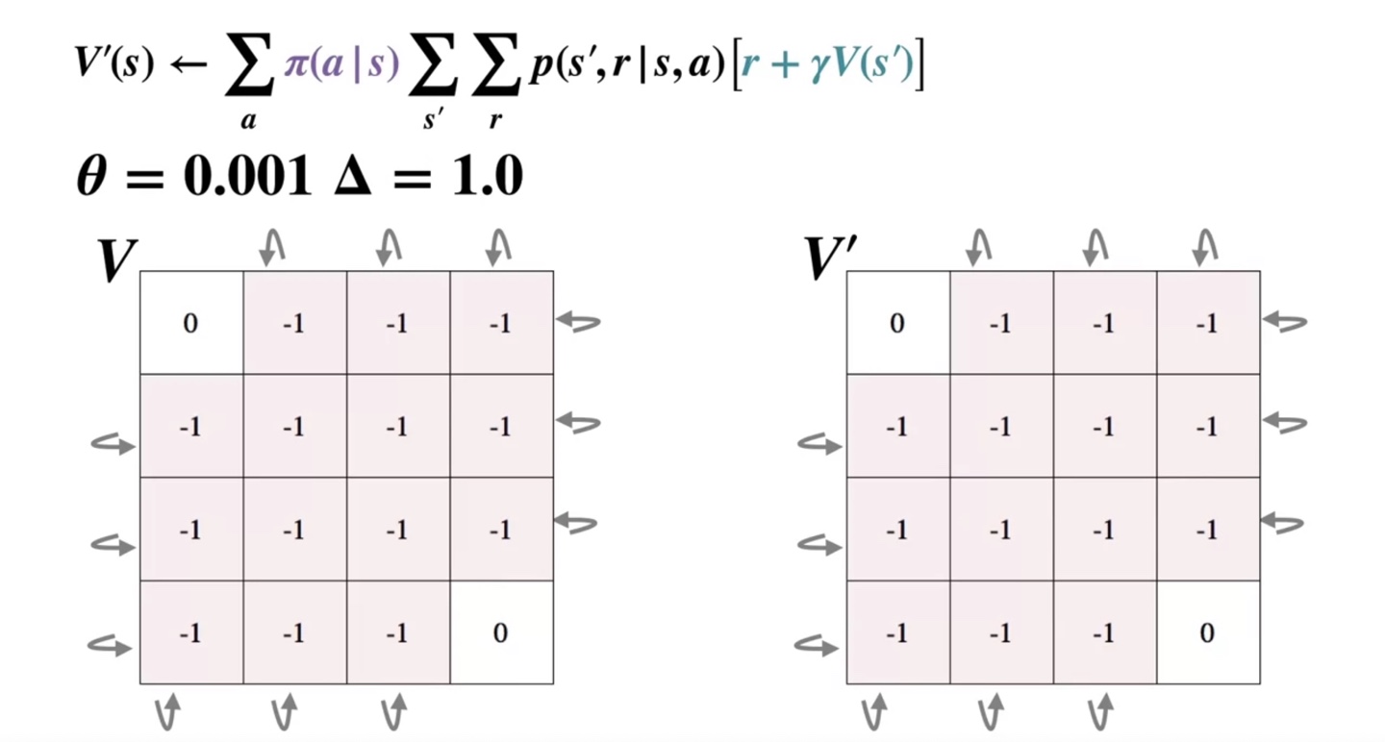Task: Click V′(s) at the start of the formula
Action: [x=113, y=65]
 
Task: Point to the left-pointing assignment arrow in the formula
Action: [x=191, y=66]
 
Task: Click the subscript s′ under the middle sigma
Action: [x=433, y=121]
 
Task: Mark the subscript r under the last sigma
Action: [x=494, y=122]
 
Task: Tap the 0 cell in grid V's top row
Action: [x=190, y=323]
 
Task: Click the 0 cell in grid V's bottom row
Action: [x=500, y=632]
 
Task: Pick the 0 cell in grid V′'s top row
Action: [x=897, y=323]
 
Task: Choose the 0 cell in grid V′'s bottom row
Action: [x=1207, y=632]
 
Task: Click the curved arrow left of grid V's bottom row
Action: [x=109, y=646]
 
